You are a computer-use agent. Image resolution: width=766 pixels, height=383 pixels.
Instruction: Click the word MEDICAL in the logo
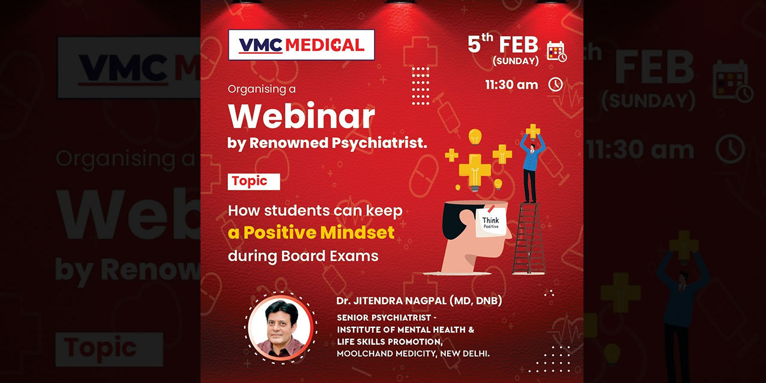point(325,45)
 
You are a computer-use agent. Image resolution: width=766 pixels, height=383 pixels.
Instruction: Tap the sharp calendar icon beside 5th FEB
point(557,51)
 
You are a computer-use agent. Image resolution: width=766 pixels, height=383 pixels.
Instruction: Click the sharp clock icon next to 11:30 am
point(556,84)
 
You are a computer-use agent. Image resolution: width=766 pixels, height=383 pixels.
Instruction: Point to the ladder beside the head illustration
point(528,238)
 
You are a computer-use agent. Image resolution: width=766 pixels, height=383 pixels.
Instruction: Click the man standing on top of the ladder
point(531,168)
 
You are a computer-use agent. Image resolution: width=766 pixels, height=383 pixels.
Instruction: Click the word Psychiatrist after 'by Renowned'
point(379,143)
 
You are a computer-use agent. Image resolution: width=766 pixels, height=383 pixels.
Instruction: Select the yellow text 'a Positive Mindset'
point(311,233)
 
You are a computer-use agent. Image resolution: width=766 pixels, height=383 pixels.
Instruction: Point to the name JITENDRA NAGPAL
point(400,300)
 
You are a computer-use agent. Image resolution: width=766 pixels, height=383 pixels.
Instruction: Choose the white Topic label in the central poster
point(254,181)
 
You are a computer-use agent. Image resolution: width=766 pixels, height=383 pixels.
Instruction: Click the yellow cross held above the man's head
point(533,131)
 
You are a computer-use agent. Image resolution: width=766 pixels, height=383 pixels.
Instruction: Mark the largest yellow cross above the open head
point(475,170)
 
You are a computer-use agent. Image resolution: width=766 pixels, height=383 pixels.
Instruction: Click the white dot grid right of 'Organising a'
point(421,86)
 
